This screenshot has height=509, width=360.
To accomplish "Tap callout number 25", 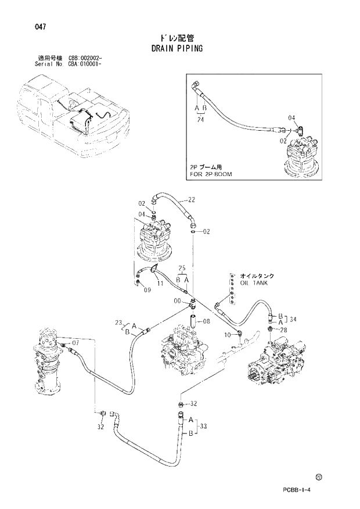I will point(182,268).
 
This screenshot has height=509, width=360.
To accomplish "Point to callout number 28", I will point(284,330).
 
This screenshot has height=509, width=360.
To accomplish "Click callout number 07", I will point(75,342).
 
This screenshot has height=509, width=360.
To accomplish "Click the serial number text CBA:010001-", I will point(85,64).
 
